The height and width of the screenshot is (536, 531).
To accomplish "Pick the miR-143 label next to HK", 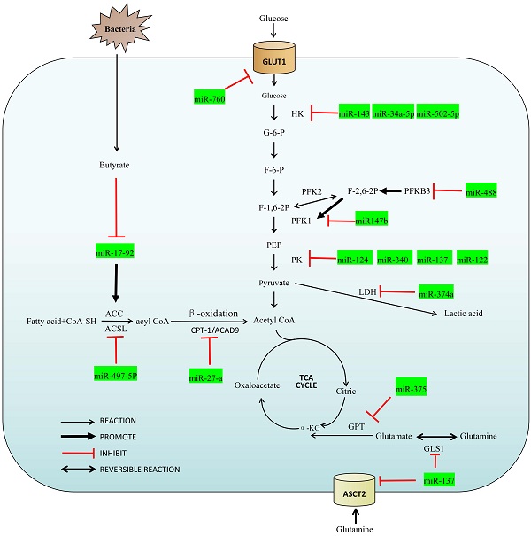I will [x=353, y=113].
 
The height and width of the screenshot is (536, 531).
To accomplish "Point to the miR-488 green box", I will [x=483, y=192].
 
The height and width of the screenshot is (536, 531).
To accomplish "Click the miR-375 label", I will [x=412, y=390].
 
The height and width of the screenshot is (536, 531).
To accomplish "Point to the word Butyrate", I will [x=115, y=166].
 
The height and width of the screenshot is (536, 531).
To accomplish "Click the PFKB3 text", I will [x=418, y=190].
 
